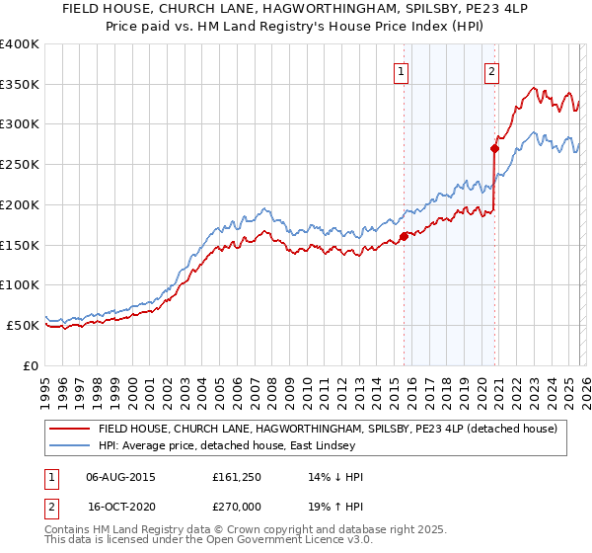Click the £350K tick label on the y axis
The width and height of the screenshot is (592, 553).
[x=20, y=85]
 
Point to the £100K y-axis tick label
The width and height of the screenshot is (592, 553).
[x=20, y=285]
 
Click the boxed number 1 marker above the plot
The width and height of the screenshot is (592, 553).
[x=403, y=70]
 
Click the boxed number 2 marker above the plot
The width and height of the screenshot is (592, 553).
[x=491, y=70]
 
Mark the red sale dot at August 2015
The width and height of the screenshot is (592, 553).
[x=404, y=236]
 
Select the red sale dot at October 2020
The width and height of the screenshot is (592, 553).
[x=494, y=149]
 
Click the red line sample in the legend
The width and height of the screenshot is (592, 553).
[x=70, y=429]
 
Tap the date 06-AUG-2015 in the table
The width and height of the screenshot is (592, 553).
[x=120, y=477]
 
